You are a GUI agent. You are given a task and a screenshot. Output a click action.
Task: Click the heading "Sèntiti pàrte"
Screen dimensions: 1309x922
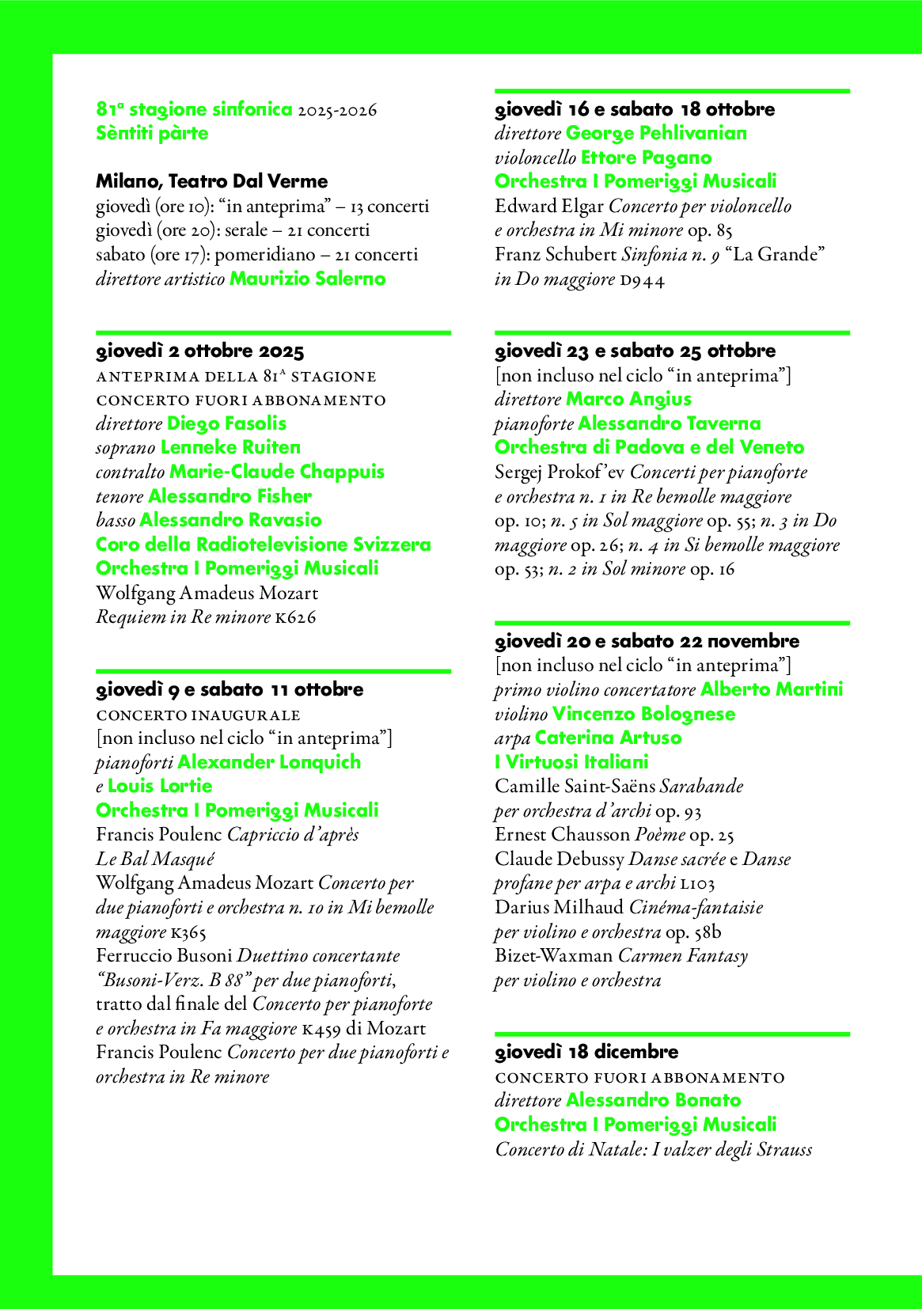point(152,133)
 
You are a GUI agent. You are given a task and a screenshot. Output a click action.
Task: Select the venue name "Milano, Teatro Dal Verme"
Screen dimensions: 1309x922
point(211,181)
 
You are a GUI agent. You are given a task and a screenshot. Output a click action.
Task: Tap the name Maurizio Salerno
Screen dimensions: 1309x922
point(307,279)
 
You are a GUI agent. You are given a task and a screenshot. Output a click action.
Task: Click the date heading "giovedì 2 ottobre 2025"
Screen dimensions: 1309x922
point(199,351)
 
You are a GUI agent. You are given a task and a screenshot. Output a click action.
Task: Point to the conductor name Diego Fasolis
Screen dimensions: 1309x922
point(226,423)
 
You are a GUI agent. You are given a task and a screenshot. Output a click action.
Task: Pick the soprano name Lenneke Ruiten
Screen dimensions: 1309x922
point(230,447)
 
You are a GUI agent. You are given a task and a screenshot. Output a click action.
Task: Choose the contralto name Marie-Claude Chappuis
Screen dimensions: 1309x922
point(277,472)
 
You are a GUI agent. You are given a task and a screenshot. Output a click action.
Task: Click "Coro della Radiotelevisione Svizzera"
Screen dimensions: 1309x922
point(263,544)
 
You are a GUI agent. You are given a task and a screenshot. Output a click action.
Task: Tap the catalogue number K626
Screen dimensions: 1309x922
point(295,617)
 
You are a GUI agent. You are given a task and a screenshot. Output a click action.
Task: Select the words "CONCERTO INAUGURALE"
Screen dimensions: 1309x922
point(198,715)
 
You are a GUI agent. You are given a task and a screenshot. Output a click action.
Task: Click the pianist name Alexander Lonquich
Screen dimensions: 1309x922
point(269,762)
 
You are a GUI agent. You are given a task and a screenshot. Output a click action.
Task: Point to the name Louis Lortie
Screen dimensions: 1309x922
point(160,786)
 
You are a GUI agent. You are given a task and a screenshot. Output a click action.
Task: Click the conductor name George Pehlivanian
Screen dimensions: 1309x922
point(656,133)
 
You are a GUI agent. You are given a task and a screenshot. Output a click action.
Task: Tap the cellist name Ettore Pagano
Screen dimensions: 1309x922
point(646,157)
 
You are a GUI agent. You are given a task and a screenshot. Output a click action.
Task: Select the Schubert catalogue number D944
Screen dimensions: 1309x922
point(642,279)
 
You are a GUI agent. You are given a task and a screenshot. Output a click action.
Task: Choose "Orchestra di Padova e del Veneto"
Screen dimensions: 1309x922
point(649,447)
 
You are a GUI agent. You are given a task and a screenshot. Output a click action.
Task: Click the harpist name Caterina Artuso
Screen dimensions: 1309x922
point(608,738)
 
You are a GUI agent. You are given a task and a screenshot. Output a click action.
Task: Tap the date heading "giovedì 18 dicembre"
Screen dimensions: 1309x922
point(586,1052)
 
